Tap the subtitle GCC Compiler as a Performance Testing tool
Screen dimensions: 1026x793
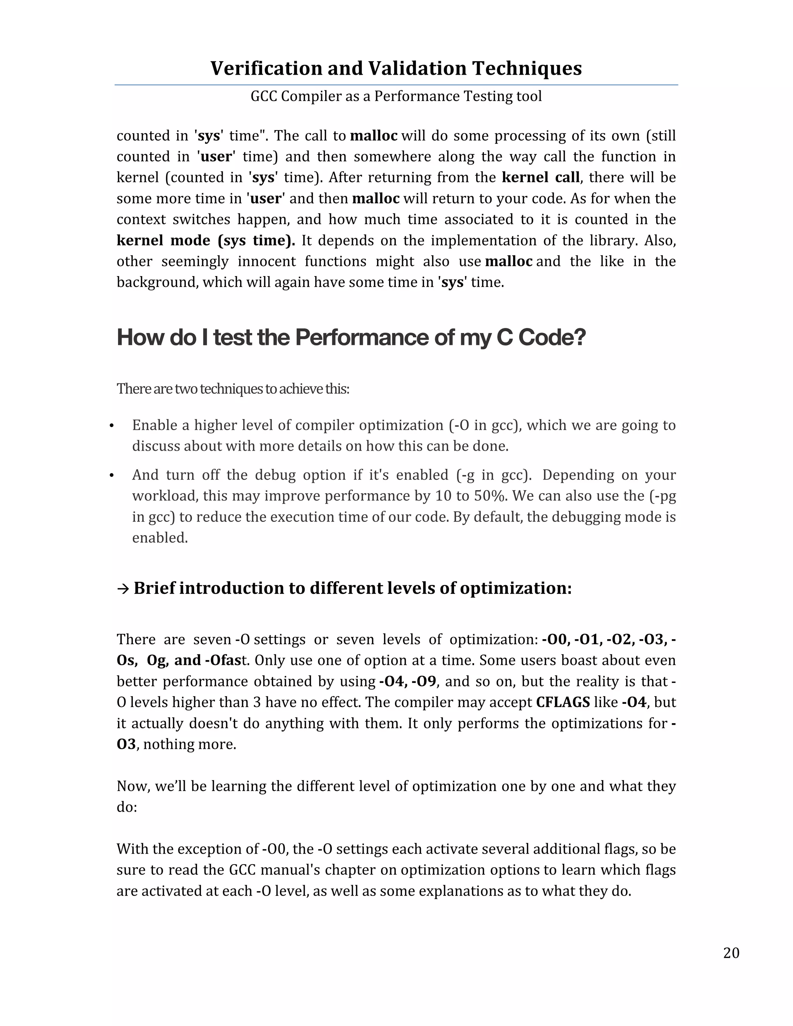coord(396,96)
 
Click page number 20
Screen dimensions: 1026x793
coord(731,953)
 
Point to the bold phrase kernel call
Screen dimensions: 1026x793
coord(540,178)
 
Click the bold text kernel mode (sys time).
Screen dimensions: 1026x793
coord(205,240)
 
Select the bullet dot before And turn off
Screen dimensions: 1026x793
coord(112,476)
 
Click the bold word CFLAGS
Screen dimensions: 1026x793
coord(562,702)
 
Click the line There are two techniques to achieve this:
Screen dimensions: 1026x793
coord(233,389)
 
